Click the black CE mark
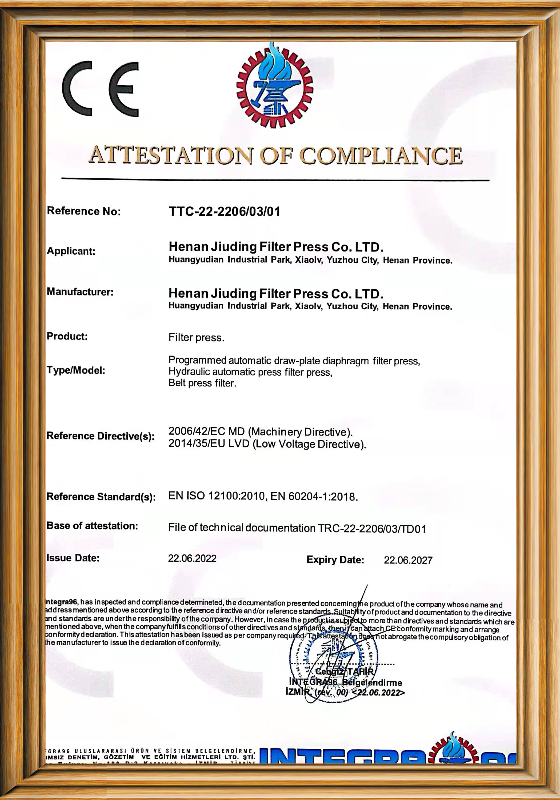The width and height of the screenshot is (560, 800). point(100,89)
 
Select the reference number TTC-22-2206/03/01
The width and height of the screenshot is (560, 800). point(225,211)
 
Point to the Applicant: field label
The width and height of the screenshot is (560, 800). point(71,251)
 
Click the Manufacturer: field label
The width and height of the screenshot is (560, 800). point(80,292)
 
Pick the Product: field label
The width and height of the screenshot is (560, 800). point(67,336)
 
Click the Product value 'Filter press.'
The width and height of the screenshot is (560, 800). point(196,337)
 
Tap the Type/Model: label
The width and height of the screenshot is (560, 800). point(76,370)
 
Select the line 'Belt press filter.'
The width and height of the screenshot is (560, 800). point(202,383)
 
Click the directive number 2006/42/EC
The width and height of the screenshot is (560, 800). point(197,431)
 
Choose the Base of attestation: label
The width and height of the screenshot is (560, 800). point(92,526)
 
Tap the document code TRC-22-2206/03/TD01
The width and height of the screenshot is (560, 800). point(372,529)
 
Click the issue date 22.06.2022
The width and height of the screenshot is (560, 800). point(192,559)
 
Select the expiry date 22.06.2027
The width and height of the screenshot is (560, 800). point(408,560)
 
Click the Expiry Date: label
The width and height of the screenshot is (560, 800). point(335,560)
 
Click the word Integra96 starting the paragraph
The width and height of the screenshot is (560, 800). point(61,602)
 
